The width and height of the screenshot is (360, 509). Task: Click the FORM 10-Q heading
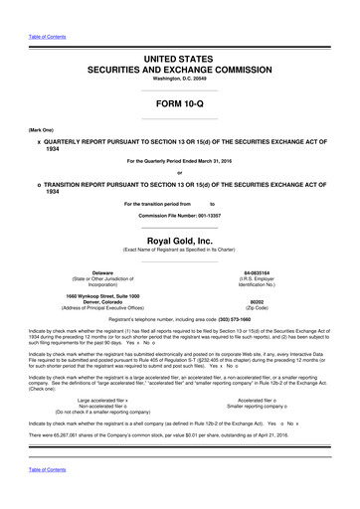tap(179, 101)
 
